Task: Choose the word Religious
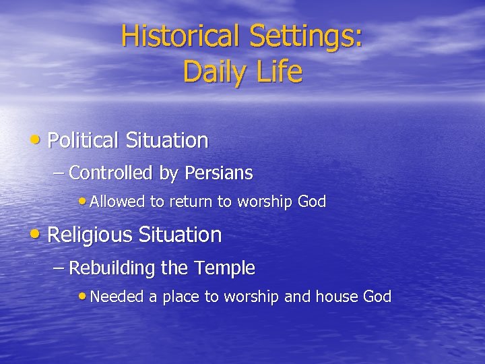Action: click(90, 235)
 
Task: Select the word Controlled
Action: click(110, 173)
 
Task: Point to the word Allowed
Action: click(118, 202)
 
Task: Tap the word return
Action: click(189, 202)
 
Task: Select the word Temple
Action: click(224, 268)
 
